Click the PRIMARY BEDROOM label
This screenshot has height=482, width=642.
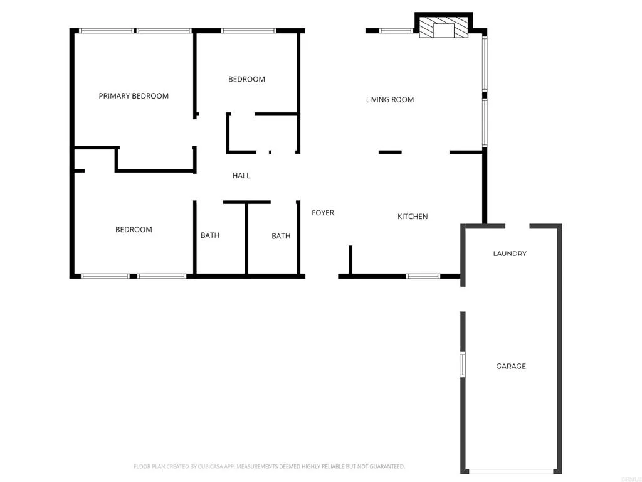click(x=134, y=96)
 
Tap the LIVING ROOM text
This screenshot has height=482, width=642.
click(x=390, y=99)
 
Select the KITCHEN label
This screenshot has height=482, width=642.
click(x=413, y=217)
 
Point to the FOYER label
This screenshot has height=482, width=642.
click(x=323, y=213)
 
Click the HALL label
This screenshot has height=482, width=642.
click(x=241, y=176)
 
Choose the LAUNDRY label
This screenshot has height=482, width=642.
click(x=510, y=254)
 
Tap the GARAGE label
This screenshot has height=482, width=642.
click(x=511, y=366)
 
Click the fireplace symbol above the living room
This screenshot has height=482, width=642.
click(x=444, y=29)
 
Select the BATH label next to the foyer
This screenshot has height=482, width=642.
click(x=281, y=236)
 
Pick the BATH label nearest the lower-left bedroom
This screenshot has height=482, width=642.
click(x=210, y=235)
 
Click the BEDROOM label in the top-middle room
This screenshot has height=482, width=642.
click(x=246, y=79)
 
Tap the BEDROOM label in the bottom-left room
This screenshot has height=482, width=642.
click(x=134, y=230)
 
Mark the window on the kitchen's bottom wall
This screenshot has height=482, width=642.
click(x=423, y=276)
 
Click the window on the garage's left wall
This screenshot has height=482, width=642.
click(x=463, y=364)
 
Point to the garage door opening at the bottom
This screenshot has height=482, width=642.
click(x=512, y=471)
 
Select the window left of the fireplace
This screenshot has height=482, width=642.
click(x=396, y=30)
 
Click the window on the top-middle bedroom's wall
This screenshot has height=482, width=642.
click(x=248, y=30)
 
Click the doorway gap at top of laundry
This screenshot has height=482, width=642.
click(x=517, y=226)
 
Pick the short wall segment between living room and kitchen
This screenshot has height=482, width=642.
click(x=390, y=152)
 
